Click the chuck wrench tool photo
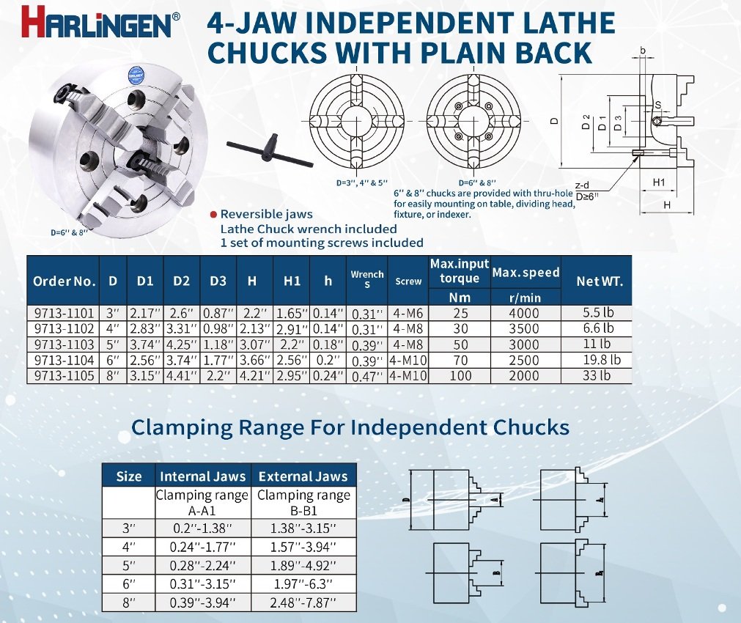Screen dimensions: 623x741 [x=270, y=147]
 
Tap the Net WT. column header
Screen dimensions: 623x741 [x=600, y=280]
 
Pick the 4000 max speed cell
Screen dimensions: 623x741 [x=525, y=313]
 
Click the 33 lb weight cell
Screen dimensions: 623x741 [x=597, y=375]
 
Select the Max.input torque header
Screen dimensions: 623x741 [x=460, y=271]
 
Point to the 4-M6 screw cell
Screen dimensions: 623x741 [x=408, y=313]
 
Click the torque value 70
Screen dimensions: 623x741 [x=460, y=360]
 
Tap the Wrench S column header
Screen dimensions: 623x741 [x=367, y=279]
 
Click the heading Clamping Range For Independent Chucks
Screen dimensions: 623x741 [x=350, y=427]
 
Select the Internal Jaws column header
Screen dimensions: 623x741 [x=203, y=476]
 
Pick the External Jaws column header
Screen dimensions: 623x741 [x=303, y=476]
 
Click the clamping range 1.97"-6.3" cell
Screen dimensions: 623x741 [x=303, y=583]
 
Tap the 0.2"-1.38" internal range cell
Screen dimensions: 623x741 [x=203, y=528]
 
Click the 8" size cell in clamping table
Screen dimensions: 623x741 [x=128, y=602]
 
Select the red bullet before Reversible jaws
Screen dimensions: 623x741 [x=213, y=215]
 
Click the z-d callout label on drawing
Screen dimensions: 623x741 [x=583, y=186]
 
